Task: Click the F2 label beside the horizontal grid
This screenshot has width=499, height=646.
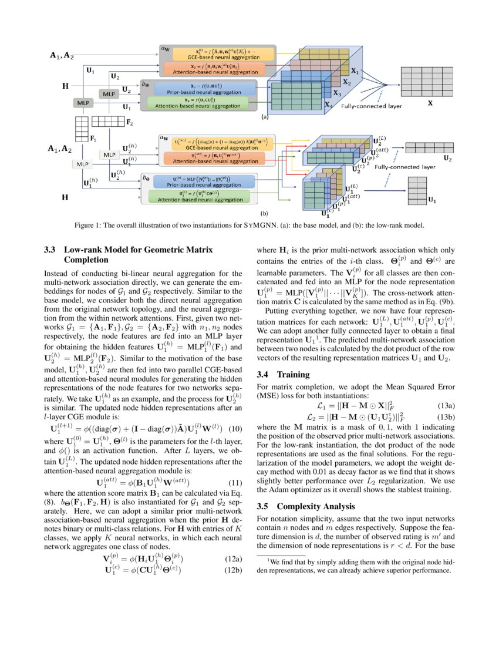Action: coord(129,123)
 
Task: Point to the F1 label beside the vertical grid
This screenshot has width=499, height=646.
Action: coord(93,139)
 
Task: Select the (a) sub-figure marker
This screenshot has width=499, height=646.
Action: coord(264,117)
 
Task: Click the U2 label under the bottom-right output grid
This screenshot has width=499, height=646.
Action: coord(447,159)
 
